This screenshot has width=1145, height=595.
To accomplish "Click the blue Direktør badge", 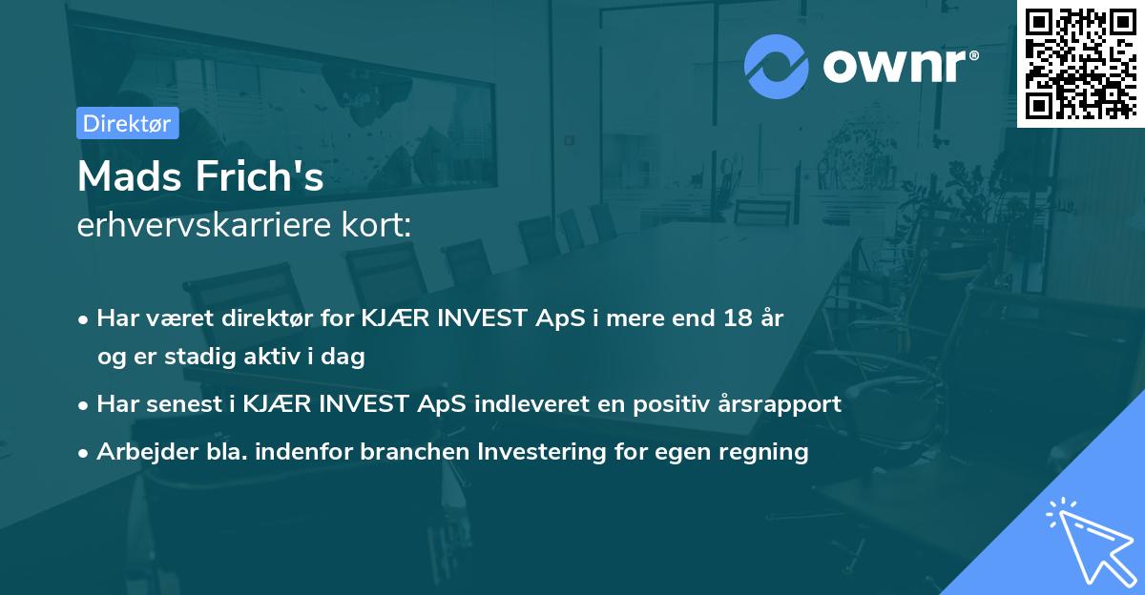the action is (x=128, y=123).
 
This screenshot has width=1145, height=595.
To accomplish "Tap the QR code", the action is (x=1080, y=63).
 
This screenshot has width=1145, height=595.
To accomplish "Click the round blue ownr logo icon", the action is (x=776, y=67).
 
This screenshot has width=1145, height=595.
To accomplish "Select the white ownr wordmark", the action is (x=894, y=67).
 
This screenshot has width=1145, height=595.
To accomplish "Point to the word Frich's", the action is (x=260, y=176).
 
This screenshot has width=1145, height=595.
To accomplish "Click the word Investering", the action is (x=542, y=452).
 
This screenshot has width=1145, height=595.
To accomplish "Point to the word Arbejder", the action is (x=147, y=451).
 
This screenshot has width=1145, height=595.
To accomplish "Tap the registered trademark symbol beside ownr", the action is (x=973, y=55).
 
